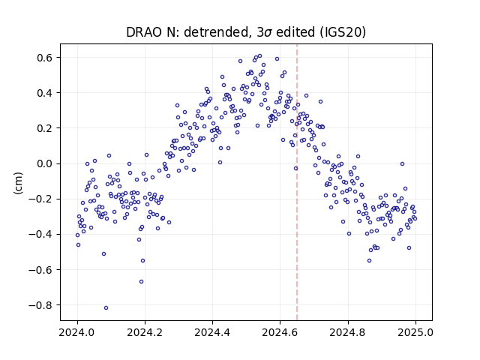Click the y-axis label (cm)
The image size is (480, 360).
[x=18, y=183]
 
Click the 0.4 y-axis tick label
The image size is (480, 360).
[x=45, y=93]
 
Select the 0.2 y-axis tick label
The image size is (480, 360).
[x=45, y=128]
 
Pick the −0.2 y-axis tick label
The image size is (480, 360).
[x=41, y=199]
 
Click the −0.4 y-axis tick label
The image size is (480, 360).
[x=41, y=235]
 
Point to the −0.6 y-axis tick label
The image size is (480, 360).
[x=41, y=270]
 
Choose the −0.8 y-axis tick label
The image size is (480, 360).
[x=41, y=305]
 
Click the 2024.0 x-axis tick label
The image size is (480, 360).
[x=77, y=332]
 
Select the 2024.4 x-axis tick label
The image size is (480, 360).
[x=212, y=332]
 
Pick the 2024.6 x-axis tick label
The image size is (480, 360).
[x=280, y=332]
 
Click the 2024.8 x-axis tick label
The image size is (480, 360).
[x=348, y=332]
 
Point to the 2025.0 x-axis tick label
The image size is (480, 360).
[x=415, y=332]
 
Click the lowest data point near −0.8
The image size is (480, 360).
[x=106, y=308]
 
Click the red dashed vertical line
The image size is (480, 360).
[x=297, y=182]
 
